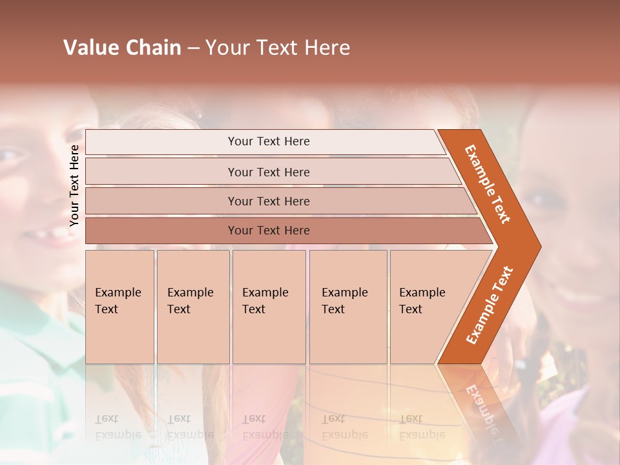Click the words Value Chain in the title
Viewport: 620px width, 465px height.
tap(122, 48)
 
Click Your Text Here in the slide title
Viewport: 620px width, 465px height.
tap(278, 48)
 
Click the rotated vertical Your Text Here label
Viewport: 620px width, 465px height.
tap(75, 185)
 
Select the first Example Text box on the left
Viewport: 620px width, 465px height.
tap(119, 307)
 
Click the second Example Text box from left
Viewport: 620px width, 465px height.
tap(192, 307)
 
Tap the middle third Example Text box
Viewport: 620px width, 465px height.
tap(268, 307)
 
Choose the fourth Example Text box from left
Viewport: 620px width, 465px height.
tap(347, 307)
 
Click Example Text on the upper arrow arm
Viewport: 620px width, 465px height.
tap(488, 184)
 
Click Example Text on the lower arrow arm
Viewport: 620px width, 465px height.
tap(490, 305)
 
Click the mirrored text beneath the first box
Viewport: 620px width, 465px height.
tap(118, 427)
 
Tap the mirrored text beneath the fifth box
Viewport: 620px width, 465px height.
tap(422, 427)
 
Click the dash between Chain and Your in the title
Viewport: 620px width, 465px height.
tap(193, 48)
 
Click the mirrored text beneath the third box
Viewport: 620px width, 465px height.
tap(265, 427)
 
